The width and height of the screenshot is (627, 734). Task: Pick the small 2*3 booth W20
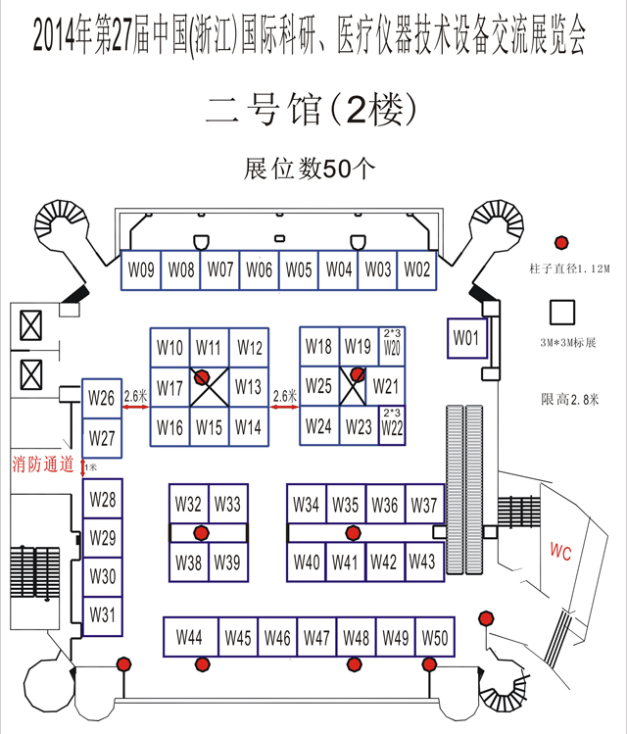coord(392,342)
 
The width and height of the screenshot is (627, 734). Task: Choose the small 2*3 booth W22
coord(392,425)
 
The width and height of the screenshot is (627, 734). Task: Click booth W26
coord(102,398)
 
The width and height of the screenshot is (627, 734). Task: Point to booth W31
coord(103,615)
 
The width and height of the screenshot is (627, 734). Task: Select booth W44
coord(190,638)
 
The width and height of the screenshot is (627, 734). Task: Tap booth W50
coord(434,638)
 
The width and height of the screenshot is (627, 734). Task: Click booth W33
coord(227,505)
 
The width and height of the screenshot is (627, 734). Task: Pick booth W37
coord(424,505)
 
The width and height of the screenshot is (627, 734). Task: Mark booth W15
coord(208,427)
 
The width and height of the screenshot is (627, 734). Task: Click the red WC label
coord(560,552)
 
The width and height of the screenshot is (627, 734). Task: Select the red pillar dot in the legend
coord(562,242)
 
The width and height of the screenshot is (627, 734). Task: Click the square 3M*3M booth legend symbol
coord(563,312)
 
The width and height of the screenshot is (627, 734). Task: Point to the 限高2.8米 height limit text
coord(569,399)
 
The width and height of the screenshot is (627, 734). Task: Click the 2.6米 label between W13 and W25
coord(284,397)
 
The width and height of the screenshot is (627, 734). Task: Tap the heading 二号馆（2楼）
coord(313,110)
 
